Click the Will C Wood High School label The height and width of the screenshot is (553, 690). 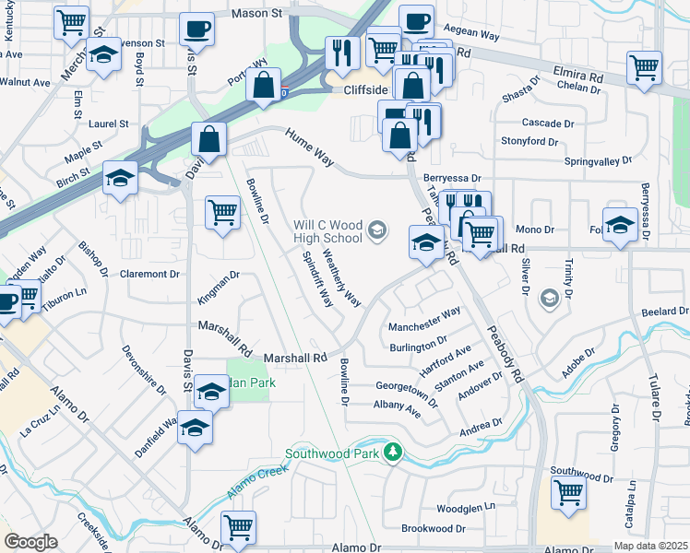[x=327, y=231]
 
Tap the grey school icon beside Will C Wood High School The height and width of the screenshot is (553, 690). [x=376, y=229]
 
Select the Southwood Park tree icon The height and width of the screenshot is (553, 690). [x=393, y=452]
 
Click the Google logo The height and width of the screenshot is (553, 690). [x=30, y=542]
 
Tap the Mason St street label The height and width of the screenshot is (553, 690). [x=256, y=14]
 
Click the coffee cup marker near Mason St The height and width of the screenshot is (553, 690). [x=196, y=29]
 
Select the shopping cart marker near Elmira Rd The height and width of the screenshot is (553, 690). [x=644, y=67]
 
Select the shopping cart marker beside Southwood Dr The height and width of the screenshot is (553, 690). [x=568, y=490]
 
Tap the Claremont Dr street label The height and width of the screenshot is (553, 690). [x=149, y=274]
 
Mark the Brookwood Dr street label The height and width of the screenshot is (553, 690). [x=433, y=528]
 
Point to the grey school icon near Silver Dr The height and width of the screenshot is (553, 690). [x=550, y=298]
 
